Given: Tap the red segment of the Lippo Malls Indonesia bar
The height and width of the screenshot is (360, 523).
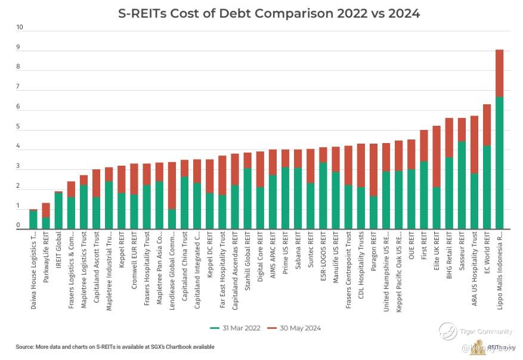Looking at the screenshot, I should pyautogui.click(x=499, y=73).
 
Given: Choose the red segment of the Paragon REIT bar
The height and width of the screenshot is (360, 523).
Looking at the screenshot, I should pyautogui.click(x=373, y=170).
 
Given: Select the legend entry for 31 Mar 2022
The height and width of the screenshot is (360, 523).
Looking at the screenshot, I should pyautogui.click(x=235, y=328).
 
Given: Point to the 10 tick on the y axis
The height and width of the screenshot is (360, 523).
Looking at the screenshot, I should pyautogui.click(x=20, y=27).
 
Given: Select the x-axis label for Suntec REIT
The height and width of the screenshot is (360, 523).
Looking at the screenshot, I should pyautogui.click(x=311, y=255).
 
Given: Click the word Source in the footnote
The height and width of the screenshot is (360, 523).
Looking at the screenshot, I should pyautogui.click(x=26, y=347).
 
